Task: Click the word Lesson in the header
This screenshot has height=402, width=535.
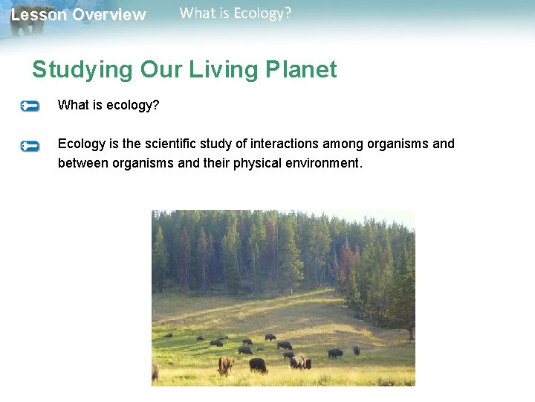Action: point(38,15)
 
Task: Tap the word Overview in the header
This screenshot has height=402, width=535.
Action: point(109,15)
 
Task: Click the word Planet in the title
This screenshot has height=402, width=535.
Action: point(300,70)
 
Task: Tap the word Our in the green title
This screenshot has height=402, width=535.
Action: point(158,70)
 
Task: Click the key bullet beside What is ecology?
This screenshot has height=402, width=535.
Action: point(30,106)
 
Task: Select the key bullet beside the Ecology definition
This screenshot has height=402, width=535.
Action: point(30,146)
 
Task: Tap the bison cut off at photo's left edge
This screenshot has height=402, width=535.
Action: point(155,371)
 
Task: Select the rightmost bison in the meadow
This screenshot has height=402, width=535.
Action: point(356,351)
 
